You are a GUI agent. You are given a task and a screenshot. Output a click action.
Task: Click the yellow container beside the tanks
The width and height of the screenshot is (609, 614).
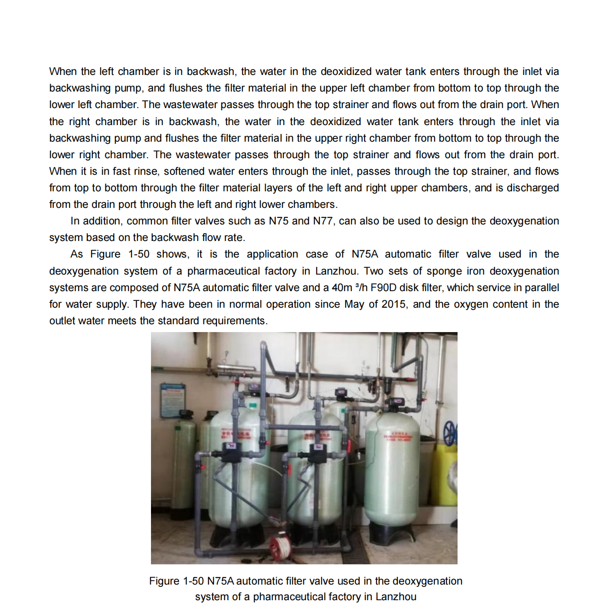(445, 474)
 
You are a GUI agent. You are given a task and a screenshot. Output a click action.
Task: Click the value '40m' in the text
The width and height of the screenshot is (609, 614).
(342, 288)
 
